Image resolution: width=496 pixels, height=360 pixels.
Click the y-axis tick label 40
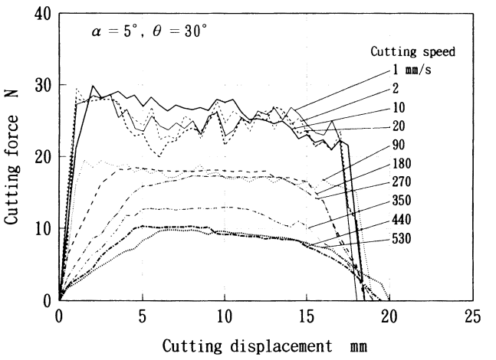click(43, 15)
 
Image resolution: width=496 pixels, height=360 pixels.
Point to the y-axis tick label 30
click(43, 86)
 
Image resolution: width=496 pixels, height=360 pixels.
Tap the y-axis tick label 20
click(43, 157)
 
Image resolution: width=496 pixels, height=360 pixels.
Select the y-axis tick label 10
click(43, 228)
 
